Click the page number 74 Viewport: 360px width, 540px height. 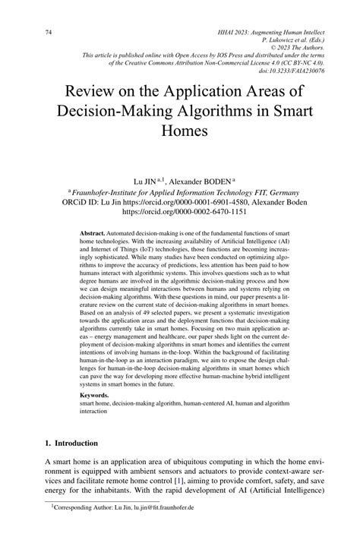(x=48, y=33)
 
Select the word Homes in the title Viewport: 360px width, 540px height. (x=180, y=131)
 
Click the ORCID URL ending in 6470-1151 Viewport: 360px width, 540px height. (x=180, y=215)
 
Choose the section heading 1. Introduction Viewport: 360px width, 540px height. (x=72, y=443)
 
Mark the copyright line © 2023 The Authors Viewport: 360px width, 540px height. (x=295, y=52)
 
